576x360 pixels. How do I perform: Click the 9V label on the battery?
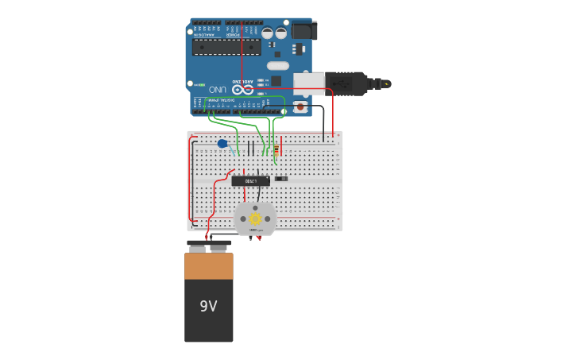(208, 306)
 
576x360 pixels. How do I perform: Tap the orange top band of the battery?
(209, 265)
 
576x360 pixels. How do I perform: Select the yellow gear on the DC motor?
(255, 219)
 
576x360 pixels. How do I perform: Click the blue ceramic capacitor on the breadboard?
(222, 144)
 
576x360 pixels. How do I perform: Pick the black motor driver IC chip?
(250, 180)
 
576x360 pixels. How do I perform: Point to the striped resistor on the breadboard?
(276, 149)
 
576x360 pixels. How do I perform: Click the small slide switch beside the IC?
(280, 178)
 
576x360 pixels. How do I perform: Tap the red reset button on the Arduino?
(300, 106)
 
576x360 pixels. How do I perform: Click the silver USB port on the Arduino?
(309, 83)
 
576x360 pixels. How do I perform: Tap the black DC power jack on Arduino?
(302, 30)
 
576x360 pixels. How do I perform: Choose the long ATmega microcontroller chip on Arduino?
(226, 47)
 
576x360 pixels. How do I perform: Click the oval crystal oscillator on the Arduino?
(277, 65)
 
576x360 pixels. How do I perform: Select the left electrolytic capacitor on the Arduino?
(268, 33)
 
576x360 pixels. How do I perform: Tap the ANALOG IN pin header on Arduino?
(207, 22)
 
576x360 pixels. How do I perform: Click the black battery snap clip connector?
(209, 242)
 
